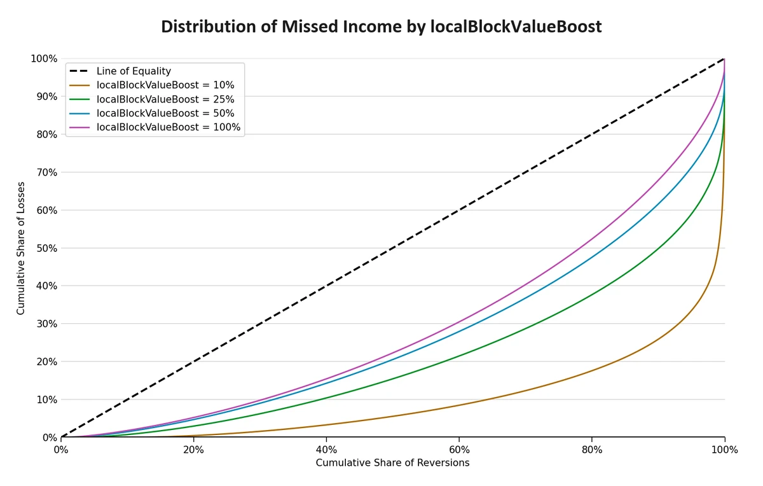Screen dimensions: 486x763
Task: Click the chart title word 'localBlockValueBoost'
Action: (x=516, y=27)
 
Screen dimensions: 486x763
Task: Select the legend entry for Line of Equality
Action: (x=134, y=71)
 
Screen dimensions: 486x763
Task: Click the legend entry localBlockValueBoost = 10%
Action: (x=165, y=85)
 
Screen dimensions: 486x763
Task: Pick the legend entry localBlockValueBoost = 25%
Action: (x=165, y=99)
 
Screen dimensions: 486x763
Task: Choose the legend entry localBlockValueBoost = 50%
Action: (x=165, y=113)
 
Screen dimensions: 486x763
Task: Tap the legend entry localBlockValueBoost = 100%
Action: (x=168, y=127)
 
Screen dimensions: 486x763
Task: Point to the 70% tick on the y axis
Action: (x=44, y=172)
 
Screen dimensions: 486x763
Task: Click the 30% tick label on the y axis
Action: (x=44, y=324)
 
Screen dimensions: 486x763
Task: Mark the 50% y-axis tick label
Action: (x=44, y=248)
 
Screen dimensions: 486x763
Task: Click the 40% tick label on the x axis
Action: (x=326, y=450)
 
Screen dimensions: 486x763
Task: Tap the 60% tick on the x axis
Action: (x=459, y=450)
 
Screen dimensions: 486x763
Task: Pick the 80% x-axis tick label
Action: (x=592, y=450)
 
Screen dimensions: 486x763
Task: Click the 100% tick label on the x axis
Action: (x=724, y=450)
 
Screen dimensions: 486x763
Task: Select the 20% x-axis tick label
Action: (x=193, y=450)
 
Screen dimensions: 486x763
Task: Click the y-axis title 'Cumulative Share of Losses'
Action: (x=21, y=248)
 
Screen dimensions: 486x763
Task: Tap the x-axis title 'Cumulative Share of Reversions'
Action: (x=392, y=463)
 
